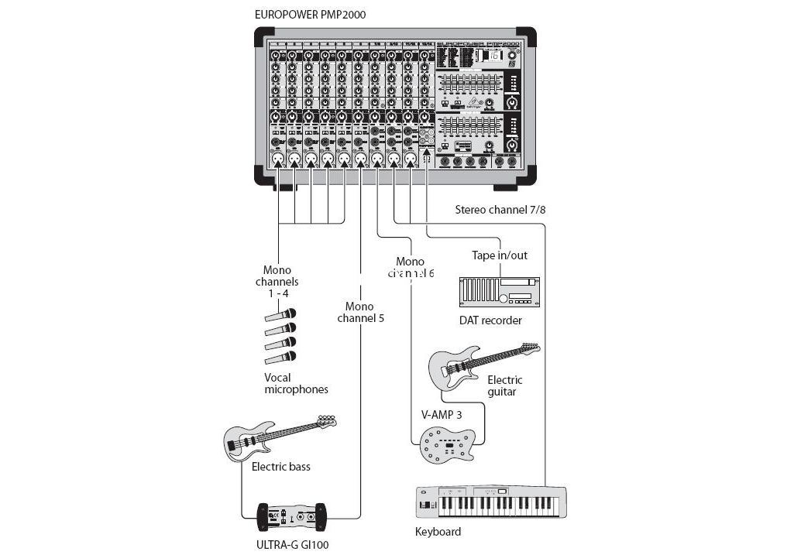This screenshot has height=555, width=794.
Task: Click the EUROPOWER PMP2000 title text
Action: [x=310, y=14]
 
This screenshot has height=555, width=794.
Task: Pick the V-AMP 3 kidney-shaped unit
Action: [x=446, y=447]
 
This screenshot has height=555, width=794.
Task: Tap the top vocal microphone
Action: [x=280, y=315]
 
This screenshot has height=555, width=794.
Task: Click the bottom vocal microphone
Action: [x=280, y=357]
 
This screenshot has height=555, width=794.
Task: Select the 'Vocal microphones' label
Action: [x=296, y=383]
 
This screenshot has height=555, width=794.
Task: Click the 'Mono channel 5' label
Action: [x=360, y=312]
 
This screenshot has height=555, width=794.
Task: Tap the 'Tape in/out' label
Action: [x=500, y=255]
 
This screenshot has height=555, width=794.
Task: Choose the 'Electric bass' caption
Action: [x=280, y=467]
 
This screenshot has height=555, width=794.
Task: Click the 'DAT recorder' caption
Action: [x=490, y=320]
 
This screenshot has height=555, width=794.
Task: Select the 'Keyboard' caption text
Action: [x=438, y=532]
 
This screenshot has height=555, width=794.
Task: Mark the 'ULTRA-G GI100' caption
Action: [x=292, y=544]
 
